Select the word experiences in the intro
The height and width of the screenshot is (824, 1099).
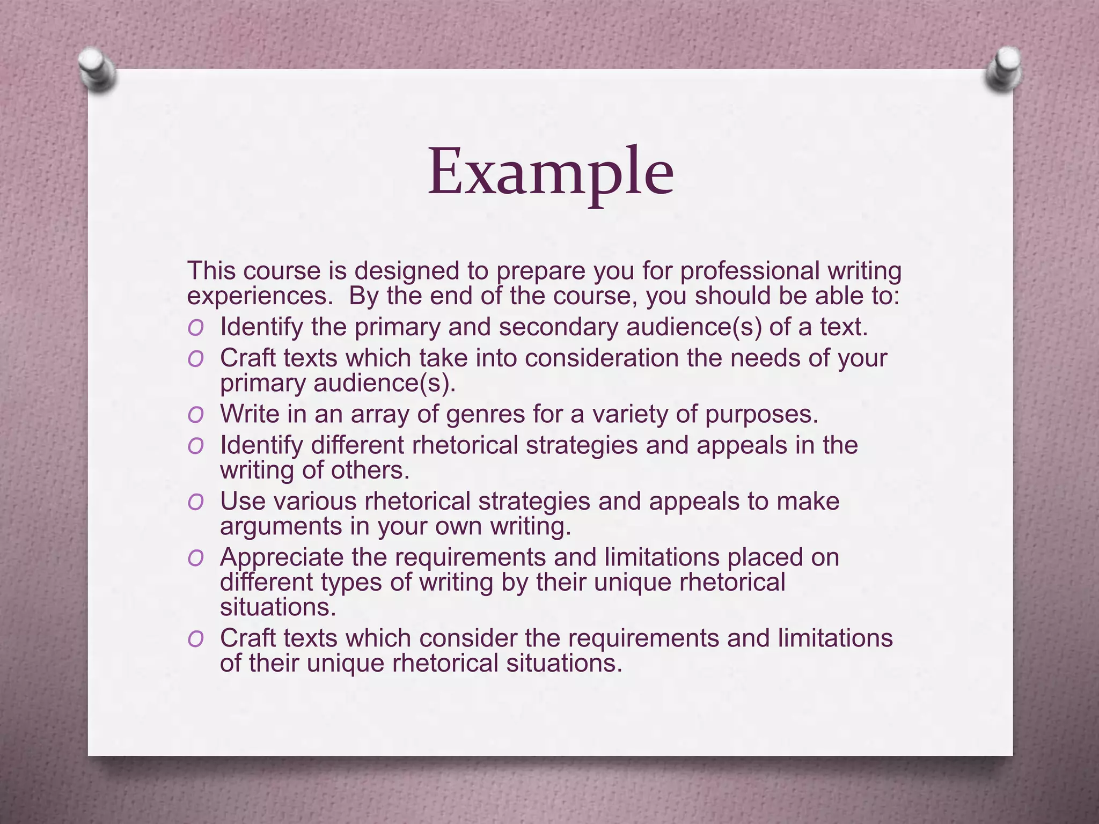point(260,297)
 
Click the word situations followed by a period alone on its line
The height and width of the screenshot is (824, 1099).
point(278,608)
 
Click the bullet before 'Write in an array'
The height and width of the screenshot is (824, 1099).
point(195,415)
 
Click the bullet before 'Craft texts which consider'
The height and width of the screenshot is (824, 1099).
point(195,639)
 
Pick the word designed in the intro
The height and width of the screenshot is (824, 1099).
point(407,271)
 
